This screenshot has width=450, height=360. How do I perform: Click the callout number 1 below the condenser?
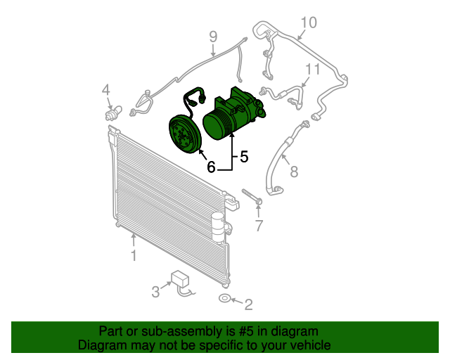(134, 255)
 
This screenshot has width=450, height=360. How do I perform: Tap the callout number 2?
(248, 304)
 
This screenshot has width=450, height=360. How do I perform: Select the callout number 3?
(155, 292)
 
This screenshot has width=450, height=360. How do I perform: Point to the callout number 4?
(106, 90)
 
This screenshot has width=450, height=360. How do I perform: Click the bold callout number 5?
(244, 157)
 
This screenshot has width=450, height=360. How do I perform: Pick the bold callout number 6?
(211, 167)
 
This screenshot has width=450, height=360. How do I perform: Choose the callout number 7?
(259, 226)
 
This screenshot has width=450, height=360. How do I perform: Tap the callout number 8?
(294, 172)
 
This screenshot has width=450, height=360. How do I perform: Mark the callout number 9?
(213, 37)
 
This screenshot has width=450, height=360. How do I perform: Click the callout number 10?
(309, 22)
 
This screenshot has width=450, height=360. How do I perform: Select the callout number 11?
(312, 69)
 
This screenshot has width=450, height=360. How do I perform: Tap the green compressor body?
(234, 113)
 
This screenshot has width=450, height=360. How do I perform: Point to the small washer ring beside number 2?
(224, 298)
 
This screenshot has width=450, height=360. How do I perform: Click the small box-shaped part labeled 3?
(180, 278)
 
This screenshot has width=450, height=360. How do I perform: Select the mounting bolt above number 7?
(252, 196)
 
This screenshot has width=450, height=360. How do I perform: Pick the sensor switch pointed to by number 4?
(113, 113)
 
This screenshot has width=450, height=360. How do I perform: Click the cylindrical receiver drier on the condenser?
(218, 227)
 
